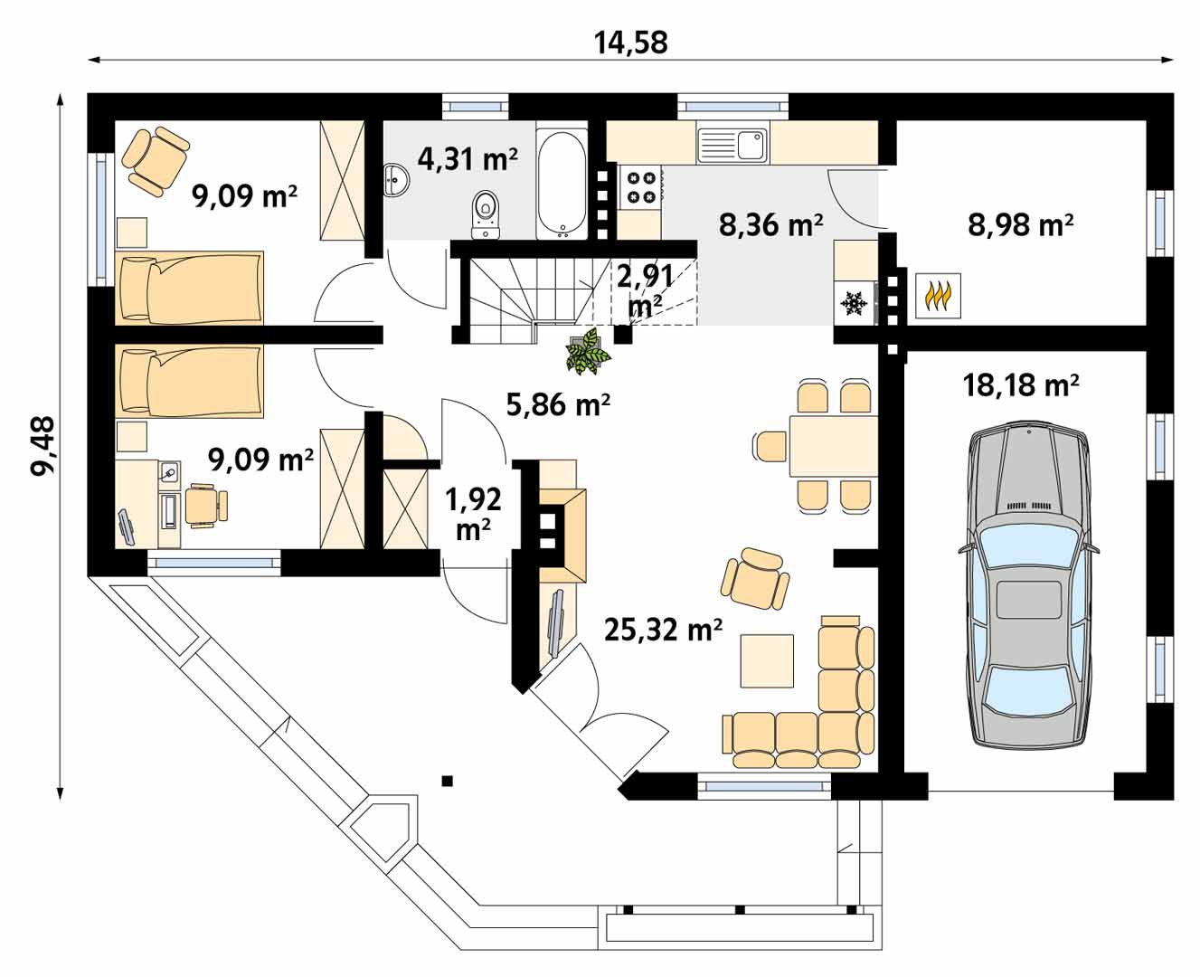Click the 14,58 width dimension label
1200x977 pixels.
(630, 43)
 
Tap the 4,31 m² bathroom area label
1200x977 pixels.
(467, 159)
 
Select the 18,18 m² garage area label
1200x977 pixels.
(1020, 386)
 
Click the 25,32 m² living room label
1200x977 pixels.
(663, 630)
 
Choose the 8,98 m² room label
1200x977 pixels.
(1020, 225)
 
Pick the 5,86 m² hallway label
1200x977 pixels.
(558, 404)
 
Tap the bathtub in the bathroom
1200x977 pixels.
(562, 184)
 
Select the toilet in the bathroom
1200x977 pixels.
(485, 215)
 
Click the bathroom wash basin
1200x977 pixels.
(397, 180)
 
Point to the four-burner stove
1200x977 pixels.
(641, 187)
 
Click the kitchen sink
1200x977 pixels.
(732, 145)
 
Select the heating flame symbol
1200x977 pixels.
(938, 297)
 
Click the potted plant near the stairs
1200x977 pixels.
(588, 350)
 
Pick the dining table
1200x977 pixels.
(833, 446)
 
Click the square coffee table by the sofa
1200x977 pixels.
(767, 661)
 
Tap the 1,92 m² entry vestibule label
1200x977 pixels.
(473, 513)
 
